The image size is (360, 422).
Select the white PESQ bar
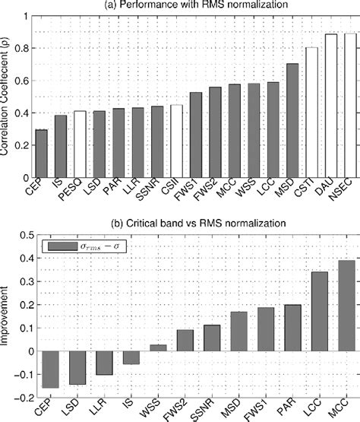click(x=80, y=144)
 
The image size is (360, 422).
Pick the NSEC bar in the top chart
click(x=349, y=106)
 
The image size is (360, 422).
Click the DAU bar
click(x=330, y=106)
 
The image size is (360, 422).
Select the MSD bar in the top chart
click(x=292, y=121)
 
